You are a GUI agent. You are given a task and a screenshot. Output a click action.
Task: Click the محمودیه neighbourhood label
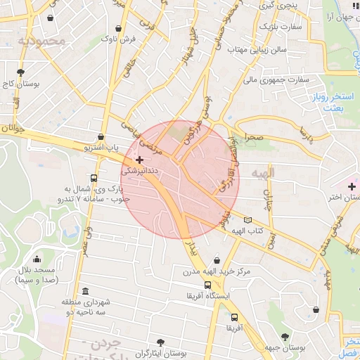(41, 41)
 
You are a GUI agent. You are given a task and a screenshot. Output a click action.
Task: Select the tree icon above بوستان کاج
(21, 72)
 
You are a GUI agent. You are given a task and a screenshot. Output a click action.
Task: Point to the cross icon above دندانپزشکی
(141, 160)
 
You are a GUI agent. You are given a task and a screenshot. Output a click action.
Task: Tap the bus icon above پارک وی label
(94, 178)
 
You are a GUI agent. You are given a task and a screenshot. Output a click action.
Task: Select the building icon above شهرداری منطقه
(85, 292)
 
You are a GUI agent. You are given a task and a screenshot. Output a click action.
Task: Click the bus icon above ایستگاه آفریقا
(207, 285)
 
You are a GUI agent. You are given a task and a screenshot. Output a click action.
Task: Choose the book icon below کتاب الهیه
(246, 240)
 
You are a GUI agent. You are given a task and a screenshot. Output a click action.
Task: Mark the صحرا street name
(250, 138)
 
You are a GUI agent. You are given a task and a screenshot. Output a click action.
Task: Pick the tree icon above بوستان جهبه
(285, 337)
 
